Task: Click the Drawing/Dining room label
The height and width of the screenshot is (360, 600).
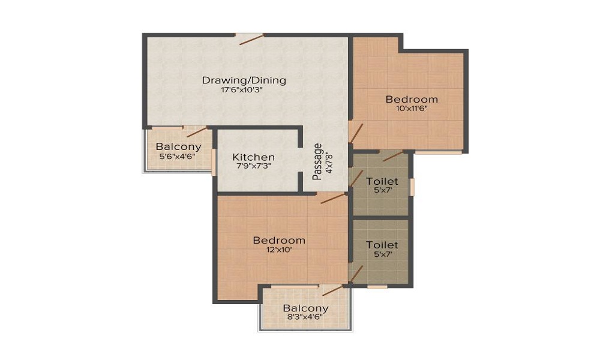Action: click(244, 81)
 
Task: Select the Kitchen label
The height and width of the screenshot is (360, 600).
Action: click(253, 157)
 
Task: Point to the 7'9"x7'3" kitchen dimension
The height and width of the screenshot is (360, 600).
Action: click(254, 166)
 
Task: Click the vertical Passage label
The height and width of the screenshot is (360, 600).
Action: click(317, 161)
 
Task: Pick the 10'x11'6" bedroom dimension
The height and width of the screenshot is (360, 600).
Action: click(412, 108)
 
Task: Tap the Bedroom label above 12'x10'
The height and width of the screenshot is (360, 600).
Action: click(280, 240)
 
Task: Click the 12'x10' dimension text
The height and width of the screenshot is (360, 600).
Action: click(280, 250)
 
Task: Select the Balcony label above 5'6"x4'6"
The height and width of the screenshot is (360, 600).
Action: click(178, 146)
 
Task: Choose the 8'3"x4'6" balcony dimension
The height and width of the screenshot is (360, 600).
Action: click(305, 317)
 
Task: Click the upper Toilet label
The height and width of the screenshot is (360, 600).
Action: click(382, 181)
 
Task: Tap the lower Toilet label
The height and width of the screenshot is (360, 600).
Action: click(382, 244)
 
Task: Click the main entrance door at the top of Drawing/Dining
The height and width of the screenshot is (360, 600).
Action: click(252, 40)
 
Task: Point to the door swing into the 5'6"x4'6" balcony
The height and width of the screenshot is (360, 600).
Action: click(197, 131)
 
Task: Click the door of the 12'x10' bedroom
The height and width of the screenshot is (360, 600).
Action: click(333, 198)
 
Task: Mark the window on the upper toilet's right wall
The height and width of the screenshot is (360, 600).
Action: click(413, 187)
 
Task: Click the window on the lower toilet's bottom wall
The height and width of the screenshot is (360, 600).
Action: click(377, 287)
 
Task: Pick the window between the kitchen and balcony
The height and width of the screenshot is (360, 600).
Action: click(214, 162)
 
